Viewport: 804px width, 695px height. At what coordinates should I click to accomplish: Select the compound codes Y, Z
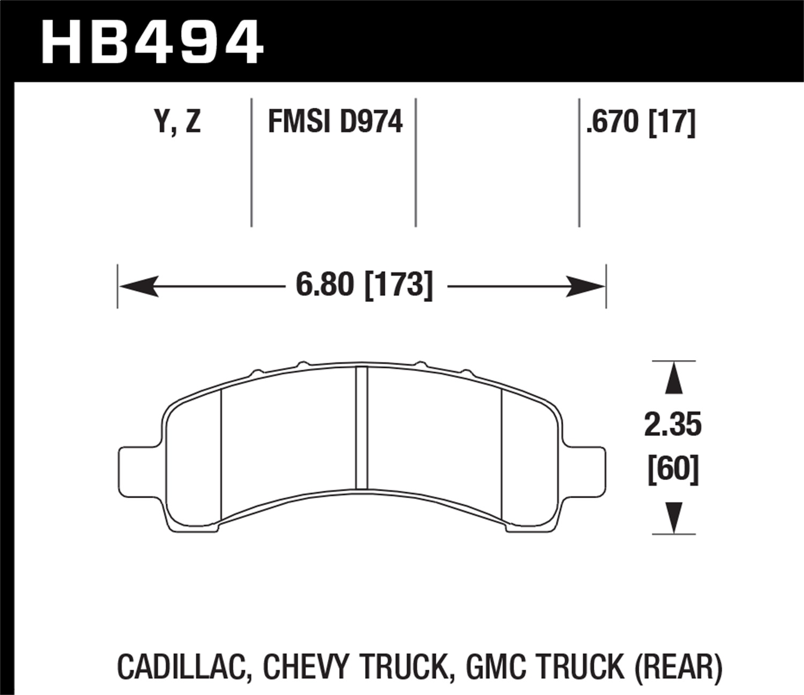point(177,122)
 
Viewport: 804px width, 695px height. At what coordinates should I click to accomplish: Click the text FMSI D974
point(335,122)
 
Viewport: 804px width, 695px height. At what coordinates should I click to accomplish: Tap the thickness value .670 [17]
point(641,122)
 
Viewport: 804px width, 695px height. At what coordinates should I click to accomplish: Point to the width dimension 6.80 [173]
point(364,285)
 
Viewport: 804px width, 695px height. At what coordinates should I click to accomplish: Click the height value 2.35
point(673,425)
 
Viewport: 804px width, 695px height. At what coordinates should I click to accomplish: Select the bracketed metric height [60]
point(673,469)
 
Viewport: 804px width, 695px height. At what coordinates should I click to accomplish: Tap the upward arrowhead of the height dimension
point(674,379)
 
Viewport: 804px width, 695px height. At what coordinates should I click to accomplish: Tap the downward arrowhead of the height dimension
point(674,517)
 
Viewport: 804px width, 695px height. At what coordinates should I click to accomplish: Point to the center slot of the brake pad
point(362,428)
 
